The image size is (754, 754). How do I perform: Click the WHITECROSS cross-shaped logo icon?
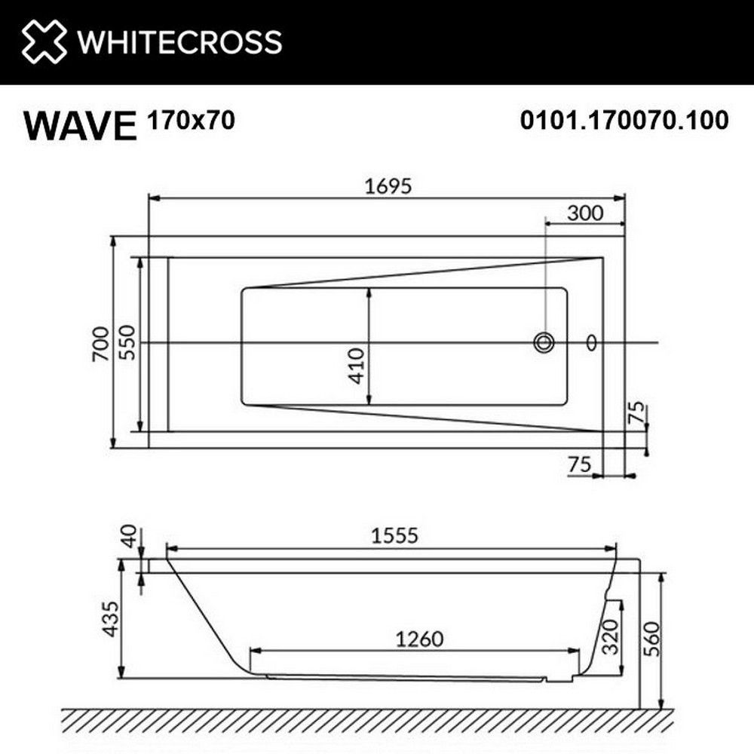(x=44, y=41)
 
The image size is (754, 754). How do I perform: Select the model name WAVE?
(x=80, y=125)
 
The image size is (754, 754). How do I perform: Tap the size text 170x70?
(x=190, y=120)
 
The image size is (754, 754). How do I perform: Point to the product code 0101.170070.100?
(x=624, y=120)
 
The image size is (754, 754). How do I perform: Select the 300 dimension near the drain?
(x=585, y=213)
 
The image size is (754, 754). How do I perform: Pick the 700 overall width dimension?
(x=101, y=344)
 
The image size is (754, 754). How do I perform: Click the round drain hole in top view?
(x=544, y=343)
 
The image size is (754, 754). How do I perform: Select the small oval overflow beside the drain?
(x=592, y=343)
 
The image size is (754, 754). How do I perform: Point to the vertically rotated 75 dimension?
(x=637, y=415)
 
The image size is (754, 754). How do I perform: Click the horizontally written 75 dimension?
(x=579, y=464)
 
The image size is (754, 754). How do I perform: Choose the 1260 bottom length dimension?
(x=417, y=639)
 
